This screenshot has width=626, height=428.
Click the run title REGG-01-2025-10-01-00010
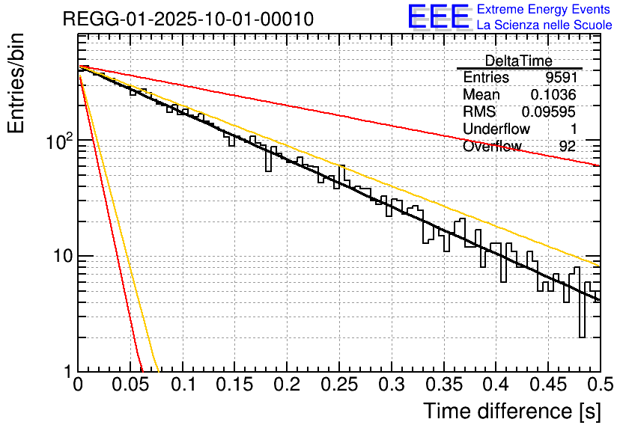pos(188,19)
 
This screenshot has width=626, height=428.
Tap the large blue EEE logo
pos(438,16)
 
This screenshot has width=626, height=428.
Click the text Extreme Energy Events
pos(544,10)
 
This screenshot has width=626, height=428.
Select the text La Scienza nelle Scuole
pos(544,25)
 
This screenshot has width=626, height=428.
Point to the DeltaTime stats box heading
pos(519,61)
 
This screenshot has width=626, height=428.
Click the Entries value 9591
pos(560,78)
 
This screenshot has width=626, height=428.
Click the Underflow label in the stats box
pos(496,129)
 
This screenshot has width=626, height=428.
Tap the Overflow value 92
pos(567,147)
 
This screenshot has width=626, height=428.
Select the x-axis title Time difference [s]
pos(511,411)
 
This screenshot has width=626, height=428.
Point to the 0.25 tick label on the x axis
pos(339,387)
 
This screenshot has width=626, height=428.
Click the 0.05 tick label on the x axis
pos(130,387)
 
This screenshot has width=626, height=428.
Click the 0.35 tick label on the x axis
pos(443,387)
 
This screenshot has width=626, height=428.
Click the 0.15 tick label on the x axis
pos(235,387)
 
